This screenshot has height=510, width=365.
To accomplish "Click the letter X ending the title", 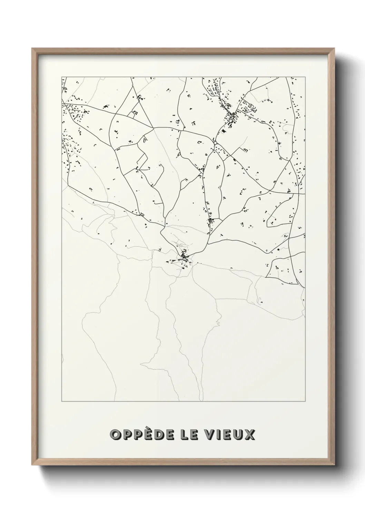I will point(250,435).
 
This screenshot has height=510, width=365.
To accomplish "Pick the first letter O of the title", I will point(115,435).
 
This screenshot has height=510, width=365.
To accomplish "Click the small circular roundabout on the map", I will point(215,142).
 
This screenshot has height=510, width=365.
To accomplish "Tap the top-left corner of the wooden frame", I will point(32,49).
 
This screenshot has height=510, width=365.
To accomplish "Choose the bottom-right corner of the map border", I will point(305,401).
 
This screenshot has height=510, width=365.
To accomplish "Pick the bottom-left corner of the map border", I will point(62,401).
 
